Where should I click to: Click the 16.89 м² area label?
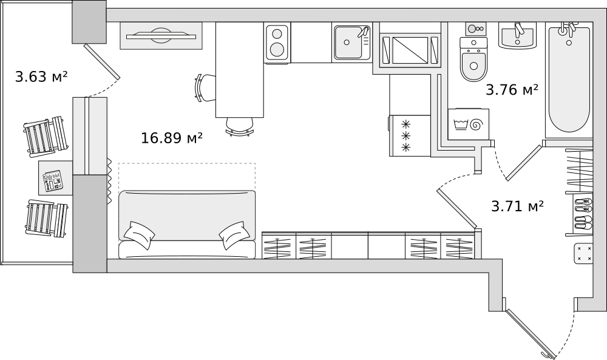pyautogui.click(x=172, y=138)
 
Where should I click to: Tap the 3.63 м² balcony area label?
pyautogui.click(x=41, y=76)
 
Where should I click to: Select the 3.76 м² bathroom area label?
pyautogui.click(x=512, y=90)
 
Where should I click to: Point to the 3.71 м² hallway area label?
pyautogui.click(x=517, y=206)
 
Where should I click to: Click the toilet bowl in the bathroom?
pyautogui.click(x=473, y=59)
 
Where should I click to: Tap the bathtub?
pyautogui.click(x=569, y=80)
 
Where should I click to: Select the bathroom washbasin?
pyautogui.click(x=517, y=36)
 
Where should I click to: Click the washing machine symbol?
pyautogui.click(x=469, y=124)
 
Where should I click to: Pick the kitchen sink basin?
pyautogui.click(x=351, y=42)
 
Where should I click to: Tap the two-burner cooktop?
pyautogui.click(x=277, y=42)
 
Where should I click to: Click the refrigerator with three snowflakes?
pyautogui.click(x=410, y=136)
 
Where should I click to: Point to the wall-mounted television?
pyautogui.click(x=161, y=36)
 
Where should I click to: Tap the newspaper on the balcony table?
pyautogui.click(x=53, y=180)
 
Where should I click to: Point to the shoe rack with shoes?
pyautogui.click(x=583, y=214)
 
